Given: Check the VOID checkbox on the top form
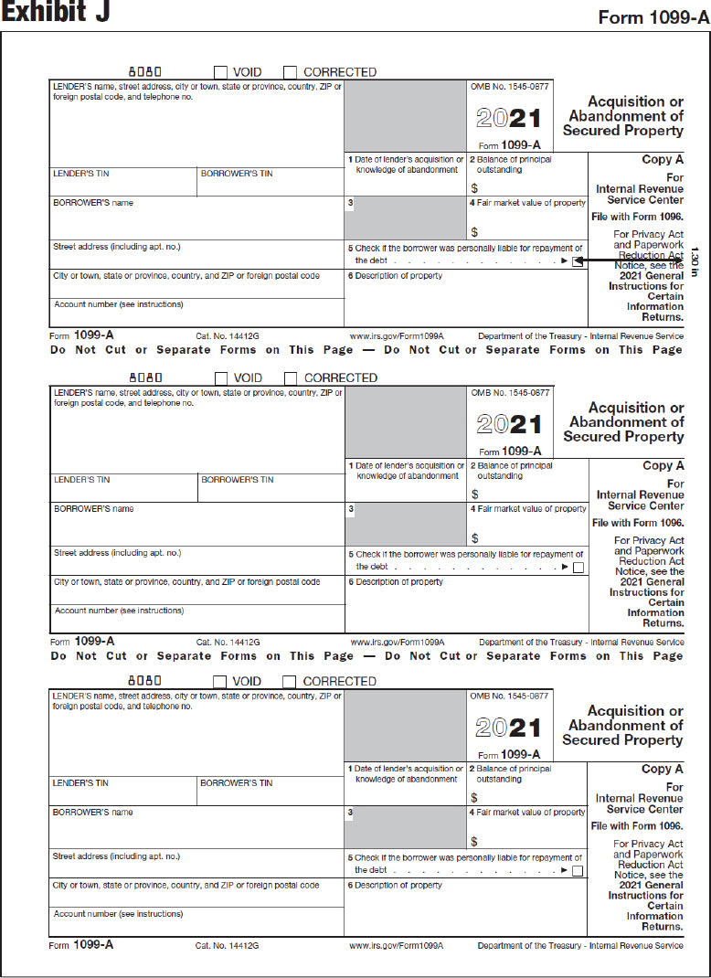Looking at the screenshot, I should click(220, 72).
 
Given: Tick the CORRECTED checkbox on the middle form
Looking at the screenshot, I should click(291, 377).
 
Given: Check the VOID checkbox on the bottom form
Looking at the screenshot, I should click(219, 681).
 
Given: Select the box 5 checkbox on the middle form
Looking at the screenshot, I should click(578, 568).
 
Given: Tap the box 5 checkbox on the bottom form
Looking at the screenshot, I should click(578, 871).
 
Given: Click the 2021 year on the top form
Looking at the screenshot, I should click(509, 119).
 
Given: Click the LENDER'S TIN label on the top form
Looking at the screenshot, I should click(81, 174).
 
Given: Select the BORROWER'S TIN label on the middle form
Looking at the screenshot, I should click(237, 480).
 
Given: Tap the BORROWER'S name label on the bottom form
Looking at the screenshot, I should click(92, 813).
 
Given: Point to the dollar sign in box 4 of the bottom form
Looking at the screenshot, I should click(474, 842).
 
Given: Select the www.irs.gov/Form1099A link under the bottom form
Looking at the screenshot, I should click(396, 946).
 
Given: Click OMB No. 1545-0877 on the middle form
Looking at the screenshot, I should click(510, 392).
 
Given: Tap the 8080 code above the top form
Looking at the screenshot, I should click(144, 71).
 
